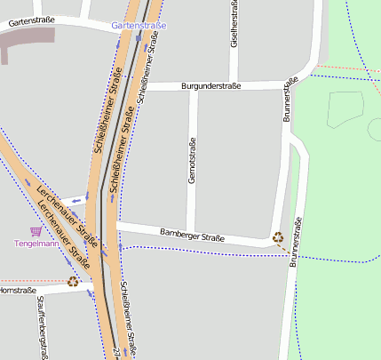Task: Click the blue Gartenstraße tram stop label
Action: point(139,26)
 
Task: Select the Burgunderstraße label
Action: point(210,86)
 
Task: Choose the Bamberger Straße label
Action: point(193,236)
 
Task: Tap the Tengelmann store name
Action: point(36,243)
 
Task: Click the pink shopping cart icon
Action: point(36,230)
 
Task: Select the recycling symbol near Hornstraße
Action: point(73,281)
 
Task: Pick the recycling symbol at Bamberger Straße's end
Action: point(278,236)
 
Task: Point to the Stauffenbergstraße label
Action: point(42,329)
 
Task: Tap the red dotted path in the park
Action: point(346,68)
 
